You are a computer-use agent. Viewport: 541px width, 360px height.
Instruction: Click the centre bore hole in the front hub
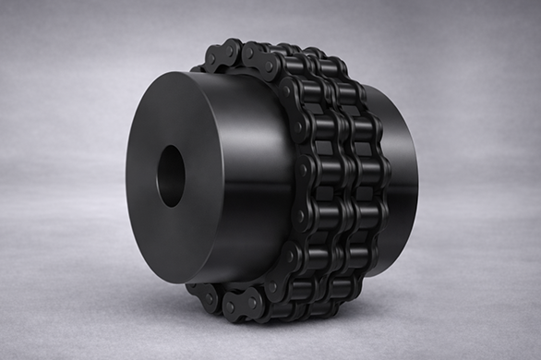pos(171,175)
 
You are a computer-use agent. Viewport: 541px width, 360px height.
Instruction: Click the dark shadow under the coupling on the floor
pos(305,318)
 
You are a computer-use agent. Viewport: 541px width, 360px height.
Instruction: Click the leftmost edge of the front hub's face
pos(126,180)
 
